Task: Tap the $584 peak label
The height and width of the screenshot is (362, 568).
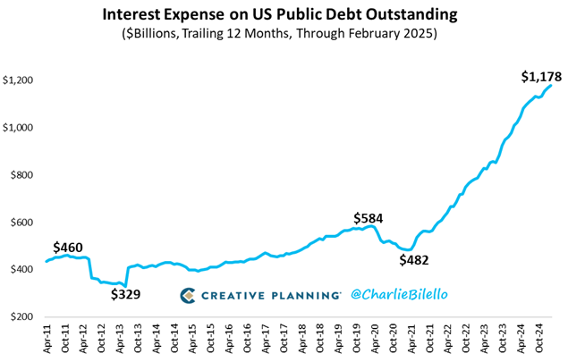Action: tap(369, 218)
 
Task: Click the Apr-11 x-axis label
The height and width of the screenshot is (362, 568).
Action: tap(46, 341)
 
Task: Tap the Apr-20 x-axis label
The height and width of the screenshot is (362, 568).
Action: tap(378, 341)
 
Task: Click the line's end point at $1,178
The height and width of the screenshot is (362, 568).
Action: tap(551, 85)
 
